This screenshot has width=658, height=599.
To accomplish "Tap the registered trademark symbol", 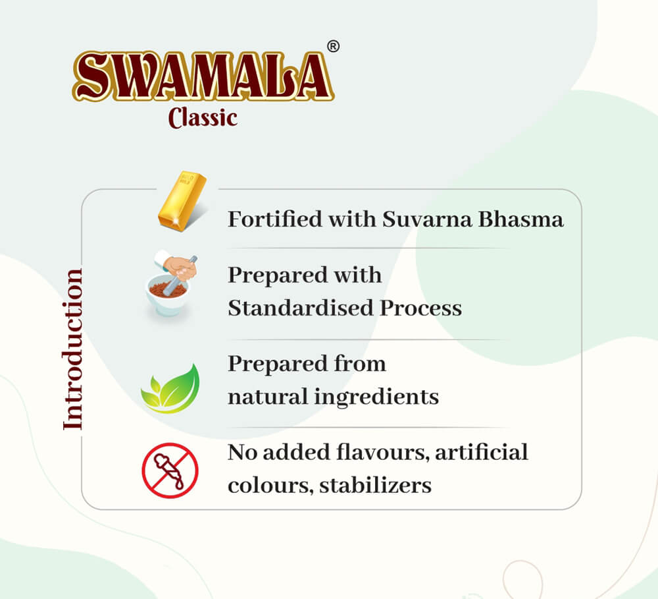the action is (x=333, y=46).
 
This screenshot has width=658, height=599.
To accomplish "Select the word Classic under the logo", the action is (x=203, y=118).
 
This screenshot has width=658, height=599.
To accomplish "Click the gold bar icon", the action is (x=182, y=200).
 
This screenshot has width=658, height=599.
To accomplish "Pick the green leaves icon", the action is (x=170, y=389).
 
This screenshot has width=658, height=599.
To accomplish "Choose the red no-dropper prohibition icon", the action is (x=170, y=471).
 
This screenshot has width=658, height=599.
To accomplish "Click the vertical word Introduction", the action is (x=72, y=349).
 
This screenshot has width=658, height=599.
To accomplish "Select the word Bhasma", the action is (x=520, y=219).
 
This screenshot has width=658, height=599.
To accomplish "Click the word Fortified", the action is (x=275, y=219).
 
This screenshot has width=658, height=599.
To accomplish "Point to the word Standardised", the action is (x=301, y=308).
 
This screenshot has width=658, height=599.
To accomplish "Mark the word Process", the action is (x=421, y=308).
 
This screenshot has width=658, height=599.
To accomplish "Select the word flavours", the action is (x=383, y=452).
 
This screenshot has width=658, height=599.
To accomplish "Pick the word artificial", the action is (x=482, y=452).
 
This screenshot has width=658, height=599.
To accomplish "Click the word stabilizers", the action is (x=375, y=486).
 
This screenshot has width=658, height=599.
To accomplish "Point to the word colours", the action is (x=270, y=486).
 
